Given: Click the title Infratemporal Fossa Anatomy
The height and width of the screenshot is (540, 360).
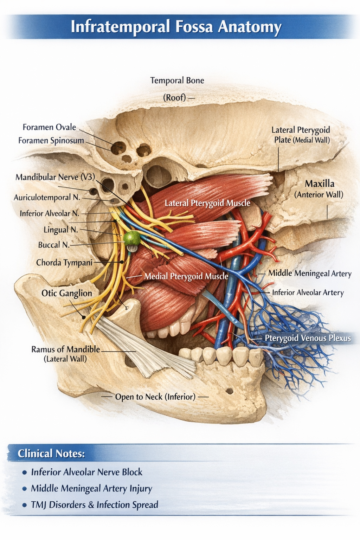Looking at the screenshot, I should [176, 27].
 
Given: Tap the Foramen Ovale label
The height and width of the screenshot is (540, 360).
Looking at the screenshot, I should [49, 127].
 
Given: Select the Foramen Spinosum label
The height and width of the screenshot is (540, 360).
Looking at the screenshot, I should [51, 141].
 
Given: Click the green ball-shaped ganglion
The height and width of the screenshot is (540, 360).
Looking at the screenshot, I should [132, 238].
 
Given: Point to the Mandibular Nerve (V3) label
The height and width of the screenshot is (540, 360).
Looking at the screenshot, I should [55, 177].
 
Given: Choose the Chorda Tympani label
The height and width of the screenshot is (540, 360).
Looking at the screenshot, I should [64, 262].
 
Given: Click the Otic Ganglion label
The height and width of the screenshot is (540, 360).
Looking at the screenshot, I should [66, 293].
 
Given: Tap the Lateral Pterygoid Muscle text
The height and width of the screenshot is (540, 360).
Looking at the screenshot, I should [207, 203].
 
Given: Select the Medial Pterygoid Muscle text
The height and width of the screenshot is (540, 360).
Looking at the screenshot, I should [186, 276].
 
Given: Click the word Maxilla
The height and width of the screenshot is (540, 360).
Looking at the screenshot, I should [319, 184].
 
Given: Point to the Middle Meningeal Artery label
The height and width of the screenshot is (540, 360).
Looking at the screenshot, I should [310, 273].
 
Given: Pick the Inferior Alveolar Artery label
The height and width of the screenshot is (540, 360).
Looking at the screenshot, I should [308, 292].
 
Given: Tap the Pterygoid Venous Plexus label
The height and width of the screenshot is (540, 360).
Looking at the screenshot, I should [307, 338].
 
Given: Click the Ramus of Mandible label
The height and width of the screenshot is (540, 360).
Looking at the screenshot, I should [65, 349].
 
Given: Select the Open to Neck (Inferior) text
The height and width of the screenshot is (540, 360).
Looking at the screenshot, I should [155, 397].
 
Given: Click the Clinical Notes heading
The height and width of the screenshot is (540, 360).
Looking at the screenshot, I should [51, 453].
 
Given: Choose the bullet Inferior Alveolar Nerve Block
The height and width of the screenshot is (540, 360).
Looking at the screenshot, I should [86, 472].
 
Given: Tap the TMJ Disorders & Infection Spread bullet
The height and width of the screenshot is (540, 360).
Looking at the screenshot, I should [94, 504].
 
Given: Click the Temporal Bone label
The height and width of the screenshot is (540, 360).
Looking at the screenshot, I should [177, 80].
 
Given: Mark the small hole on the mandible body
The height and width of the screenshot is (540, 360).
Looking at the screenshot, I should [230, 391].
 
